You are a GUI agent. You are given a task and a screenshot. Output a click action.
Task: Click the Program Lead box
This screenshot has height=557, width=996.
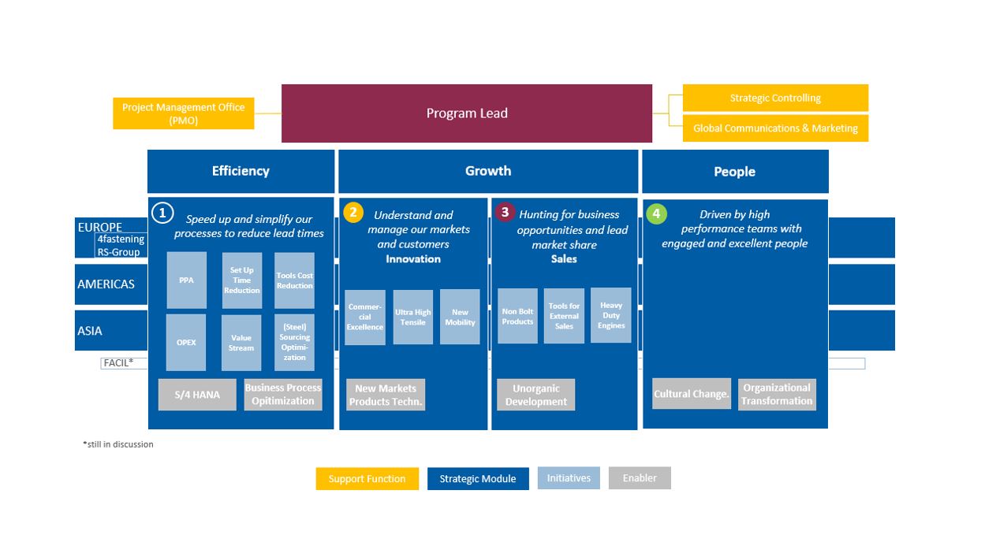pos(467,113)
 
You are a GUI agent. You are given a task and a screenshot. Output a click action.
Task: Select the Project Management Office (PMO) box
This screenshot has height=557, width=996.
pos(183,113)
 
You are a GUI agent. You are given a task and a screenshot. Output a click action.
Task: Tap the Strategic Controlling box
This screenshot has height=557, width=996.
pos(775,98)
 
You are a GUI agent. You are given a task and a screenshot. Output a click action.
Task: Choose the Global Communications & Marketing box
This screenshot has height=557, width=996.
pos(775,128)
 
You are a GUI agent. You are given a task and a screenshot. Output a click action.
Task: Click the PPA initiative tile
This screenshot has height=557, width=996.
pos(187,280)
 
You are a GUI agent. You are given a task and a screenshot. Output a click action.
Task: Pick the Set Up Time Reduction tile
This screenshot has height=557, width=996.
pos(241,280)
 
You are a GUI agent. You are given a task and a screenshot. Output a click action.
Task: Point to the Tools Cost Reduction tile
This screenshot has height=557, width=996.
pos(294,280)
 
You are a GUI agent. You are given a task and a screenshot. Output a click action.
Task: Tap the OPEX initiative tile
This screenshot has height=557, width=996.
pos(186,343)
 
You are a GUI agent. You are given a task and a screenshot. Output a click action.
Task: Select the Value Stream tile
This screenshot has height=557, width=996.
pos(241,343)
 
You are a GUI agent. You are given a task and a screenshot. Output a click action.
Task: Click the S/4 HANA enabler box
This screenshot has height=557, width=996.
pos(197,395)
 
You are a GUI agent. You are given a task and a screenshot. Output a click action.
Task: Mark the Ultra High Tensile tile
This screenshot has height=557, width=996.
pos(413,317)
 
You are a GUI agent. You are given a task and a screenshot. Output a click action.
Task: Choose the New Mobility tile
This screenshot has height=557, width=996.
pos(460,317)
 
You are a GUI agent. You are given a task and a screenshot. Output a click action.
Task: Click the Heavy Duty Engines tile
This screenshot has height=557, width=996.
pos(611,315)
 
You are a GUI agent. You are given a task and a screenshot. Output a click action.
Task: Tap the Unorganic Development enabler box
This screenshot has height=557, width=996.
pos(536,395)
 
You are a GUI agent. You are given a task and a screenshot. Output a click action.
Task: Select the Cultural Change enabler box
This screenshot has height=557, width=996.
pos(692,394)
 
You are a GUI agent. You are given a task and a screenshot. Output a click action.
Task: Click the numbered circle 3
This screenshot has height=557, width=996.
pos(505,212)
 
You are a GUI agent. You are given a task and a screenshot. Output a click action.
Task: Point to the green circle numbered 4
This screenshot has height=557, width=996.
pos(656,214)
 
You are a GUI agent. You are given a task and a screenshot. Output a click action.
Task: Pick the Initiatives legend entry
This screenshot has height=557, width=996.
pos(569,478)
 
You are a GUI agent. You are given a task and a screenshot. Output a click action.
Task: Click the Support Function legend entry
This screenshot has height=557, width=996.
pos(367,479)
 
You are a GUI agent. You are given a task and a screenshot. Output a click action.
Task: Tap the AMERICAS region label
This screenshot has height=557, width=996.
pos(106,284)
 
